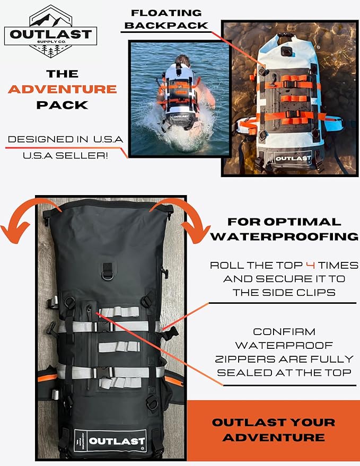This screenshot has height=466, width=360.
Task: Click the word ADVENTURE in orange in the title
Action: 63,89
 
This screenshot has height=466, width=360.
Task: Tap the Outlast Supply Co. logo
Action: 50,31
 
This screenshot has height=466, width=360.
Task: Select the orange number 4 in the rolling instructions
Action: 310,265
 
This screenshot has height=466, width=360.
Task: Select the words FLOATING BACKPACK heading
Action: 166,19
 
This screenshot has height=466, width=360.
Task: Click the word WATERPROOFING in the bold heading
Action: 285,236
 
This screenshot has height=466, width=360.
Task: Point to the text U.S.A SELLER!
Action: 65,155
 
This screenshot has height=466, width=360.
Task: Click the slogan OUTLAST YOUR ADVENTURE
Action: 274,430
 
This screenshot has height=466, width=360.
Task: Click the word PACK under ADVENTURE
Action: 63,105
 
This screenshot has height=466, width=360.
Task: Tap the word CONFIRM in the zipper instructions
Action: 284,331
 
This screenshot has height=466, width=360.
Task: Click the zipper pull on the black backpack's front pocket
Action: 89,310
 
